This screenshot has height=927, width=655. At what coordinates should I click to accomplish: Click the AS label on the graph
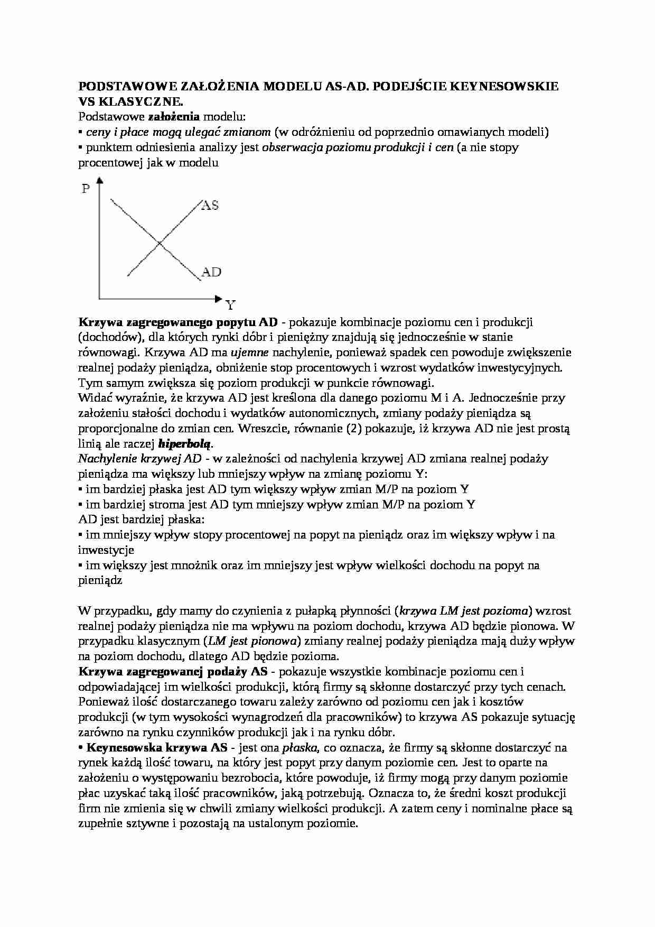click(x=210, y=205)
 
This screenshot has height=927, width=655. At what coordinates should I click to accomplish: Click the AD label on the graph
click(x=211, y=272)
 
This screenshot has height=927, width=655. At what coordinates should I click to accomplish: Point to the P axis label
click(x=86, y=188)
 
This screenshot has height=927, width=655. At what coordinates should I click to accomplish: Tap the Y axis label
click(x=230, y=305)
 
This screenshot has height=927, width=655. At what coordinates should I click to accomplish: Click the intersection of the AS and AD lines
click(x=160, y=244)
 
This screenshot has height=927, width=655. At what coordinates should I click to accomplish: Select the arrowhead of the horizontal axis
click(x=219, y=299)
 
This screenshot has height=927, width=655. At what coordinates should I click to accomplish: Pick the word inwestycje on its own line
click(x=106, y=550)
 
